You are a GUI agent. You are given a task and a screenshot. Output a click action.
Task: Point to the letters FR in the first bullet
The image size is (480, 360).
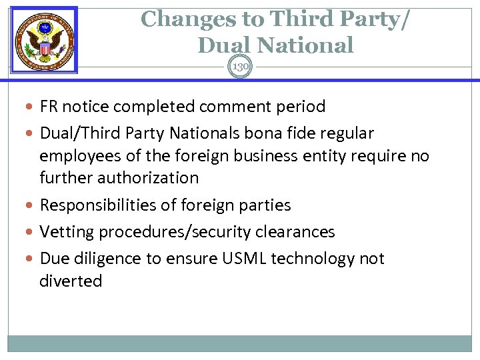point(48,107)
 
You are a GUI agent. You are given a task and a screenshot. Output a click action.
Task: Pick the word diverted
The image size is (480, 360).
point(71,281)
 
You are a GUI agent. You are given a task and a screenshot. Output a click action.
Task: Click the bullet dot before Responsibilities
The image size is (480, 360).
point(33,205)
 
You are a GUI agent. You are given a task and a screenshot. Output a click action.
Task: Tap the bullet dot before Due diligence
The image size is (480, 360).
point(33,259)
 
